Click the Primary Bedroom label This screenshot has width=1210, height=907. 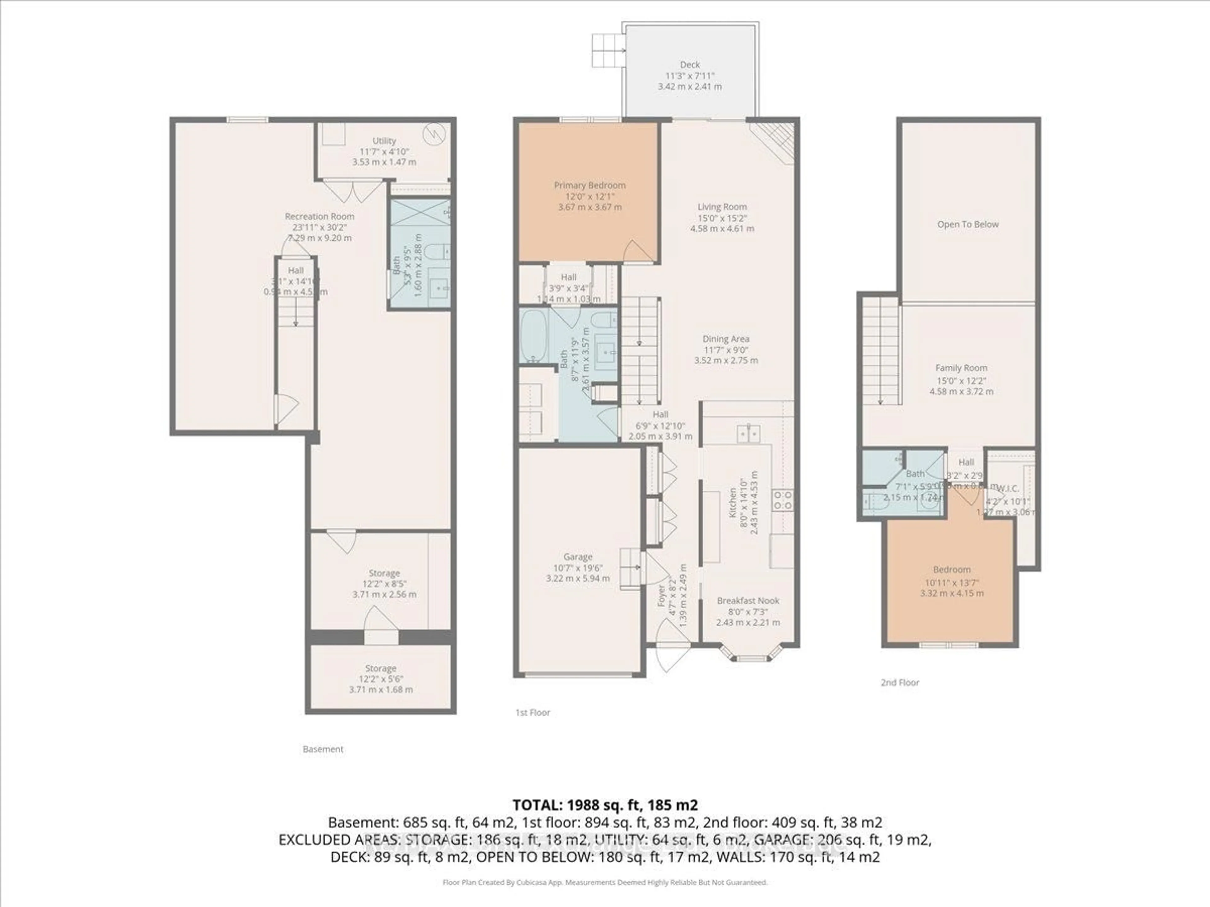[x=589, y=185]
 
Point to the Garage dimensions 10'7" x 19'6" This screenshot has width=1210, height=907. [x=578, y=568]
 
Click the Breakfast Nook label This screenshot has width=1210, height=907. [x=748, y=600]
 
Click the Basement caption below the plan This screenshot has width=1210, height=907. [x=323, y=749]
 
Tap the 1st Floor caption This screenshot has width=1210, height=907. [x=532, y=712]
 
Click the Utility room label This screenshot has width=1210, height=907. [x=384, y=140]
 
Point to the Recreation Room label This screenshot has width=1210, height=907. [x=320, y=216]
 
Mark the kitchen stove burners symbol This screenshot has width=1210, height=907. [x=782, y=500]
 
